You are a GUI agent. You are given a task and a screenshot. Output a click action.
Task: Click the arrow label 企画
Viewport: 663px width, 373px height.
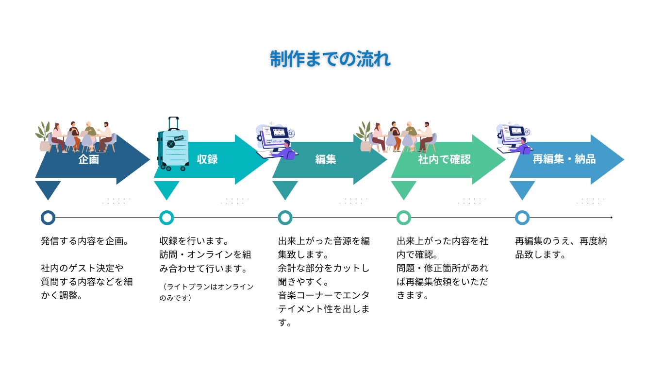pos(88,159)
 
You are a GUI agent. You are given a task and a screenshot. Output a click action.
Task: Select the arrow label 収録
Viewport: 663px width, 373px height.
pos(208,159)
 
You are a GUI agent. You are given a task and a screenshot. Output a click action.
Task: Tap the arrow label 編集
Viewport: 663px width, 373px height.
pos(326,159)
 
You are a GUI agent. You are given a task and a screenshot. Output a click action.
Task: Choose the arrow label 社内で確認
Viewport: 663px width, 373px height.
pos(444,159)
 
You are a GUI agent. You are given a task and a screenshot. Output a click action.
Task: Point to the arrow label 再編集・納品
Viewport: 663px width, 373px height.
pos(564,159)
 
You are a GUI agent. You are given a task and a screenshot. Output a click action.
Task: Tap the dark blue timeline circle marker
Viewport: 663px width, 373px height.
pos(48,218)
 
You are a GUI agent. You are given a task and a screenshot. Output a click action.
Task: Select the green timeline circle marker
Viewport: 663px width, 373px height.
pos(404,218)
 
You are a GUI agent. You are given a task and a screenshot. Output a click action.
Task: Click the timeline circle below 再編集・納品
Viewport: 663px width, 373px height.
pos(522,218)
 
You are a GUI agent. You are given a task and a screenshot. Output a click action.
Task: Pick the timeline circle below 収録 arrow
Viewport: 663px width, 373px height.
pos(166,218)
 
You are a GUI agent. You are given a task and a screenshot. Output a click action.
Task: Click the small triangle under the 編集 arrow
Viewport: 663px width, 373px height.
pos(285,189)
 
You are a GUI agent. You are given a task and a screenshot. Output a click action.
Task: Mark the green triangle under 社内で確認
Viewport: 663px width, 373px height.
pos(403,189)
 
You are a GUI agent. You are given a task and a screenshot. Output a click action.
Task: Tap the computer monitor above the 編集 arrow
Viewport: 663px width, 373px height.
pos(277,133)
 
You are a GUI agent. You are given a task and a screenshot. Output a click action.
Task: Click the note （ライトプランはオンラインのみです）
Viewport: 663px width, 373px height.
pos(206,292)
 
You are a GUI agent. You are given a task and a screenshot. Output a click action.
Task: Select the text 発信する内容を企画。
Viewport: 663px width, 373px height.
pos(84,241)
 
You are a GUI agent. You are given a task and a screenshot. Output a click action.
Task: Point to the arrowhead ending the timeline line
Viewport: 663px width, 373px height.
pos(612,218)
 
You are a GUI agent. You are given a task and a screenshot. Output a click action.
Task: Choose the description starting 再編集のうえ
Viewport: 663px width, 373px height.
pos(561,248)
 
